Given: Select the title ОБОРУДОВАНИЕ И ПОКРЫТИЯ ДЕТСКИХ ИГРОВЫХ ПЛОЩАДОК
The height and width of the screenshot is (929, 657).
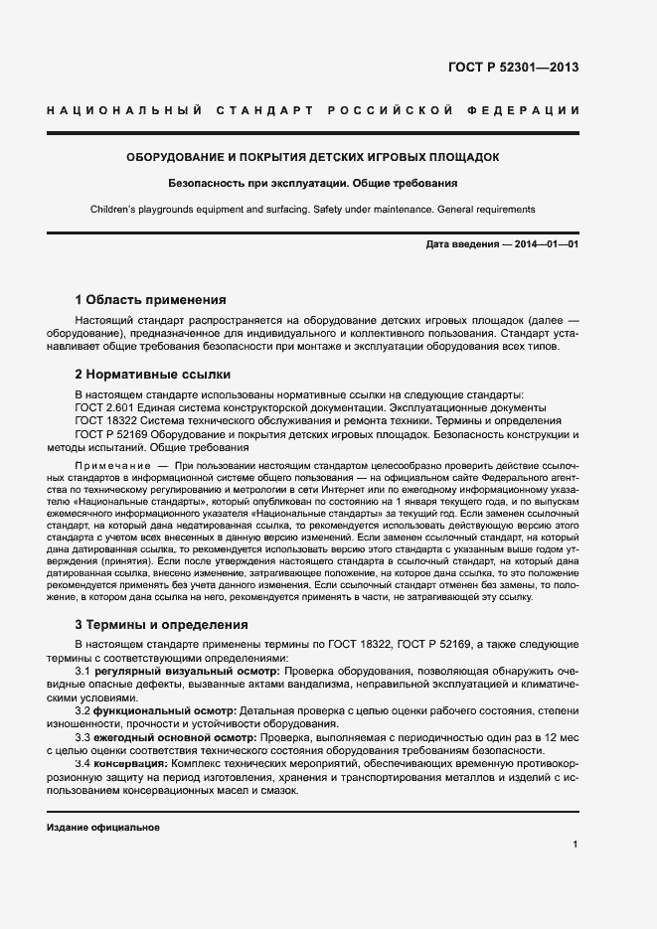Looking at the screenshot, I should point(312,157).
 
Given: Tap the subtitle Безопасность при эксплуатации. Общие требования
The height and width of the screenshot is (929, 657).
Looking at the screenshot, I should point(312,184).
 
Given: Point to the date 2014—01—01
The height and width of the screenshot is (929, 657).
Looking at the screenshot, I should point(543,244).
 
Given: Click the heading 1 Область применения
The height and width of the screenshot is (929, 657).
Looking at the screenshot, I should point(151,299).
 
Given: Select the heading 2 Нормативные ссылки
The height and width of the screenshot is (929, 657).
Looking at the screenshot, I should point(153,375).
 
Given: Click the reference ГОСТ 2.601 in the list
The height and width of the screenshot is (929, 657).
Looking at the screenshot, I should point(101,407).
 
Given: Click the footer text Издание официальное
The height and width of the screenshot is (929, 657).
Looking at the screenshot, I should point(103,827).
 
